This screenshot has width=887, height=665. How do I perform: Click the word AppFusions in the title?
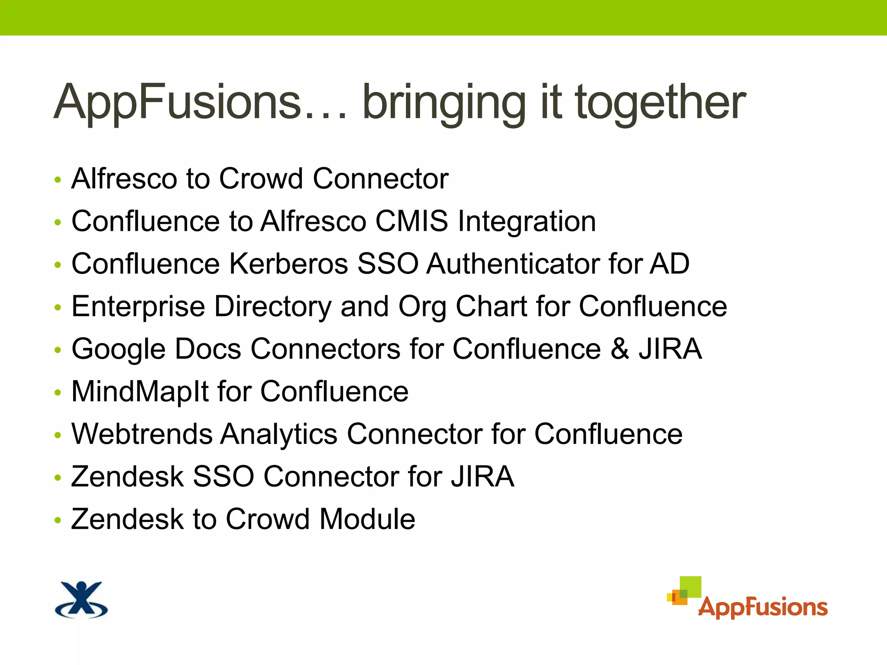[x=178, y=103]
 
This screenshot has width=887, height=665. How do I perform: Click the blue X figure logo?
[x=81, y=600]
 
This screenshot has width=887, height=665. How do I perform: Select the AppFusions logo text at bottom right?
[x=763, y=607]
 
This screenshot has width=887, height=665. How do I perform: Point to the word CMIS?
[x=411, y=221]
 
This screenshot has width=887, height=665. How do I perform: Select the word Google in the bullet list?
[x=118, y=349]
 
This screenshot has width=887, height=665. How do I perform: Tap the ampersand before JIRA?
[x=620, y=349]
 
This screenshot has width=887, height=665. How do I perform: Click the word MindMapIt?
[x=140, y=391]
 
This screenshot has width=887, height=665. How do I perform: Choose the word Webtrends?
[x=142, y=434]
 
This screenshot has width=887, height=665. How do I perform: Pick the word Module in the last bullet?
[x=367, y=519]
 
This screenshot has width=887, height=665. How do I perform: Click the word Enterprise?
[x=138, y=307]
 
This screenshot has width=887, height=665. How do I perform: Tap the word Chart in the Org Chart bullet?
[x=491, y=306]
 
